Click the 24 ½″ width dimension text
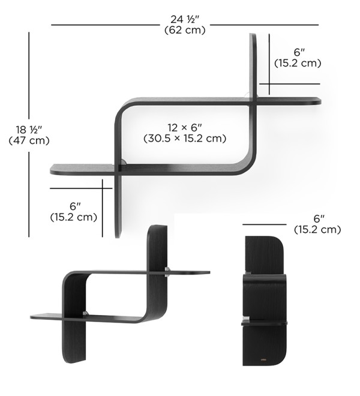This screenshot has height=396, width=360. pyautogui.click(x=185, y=19)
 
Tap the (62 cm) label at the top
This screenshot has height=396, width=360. pyautogui.click(x=185, y=30)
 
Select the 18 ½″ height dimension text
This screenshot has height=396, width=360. pyautogui.click(x=29, y=130)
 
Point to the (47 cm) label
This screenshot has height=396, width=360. pyautogui.click(x=29, y=140)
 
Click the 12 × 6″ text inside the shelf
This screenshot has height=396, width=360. pyautogui.click(x=185, y=128)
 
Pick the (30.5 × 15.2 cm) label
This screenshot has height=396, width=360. pyautogui.click(x=185, y=139)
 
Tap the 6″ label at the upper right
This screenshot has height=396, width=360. pyautogui.click(x=299, y=52)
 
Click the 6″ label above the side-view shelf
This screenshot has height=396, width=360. pyautogui.click(x=319, y=219)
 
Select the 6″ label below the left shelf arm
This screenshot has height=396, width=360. pyautogui.click(x=75, y=206)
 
